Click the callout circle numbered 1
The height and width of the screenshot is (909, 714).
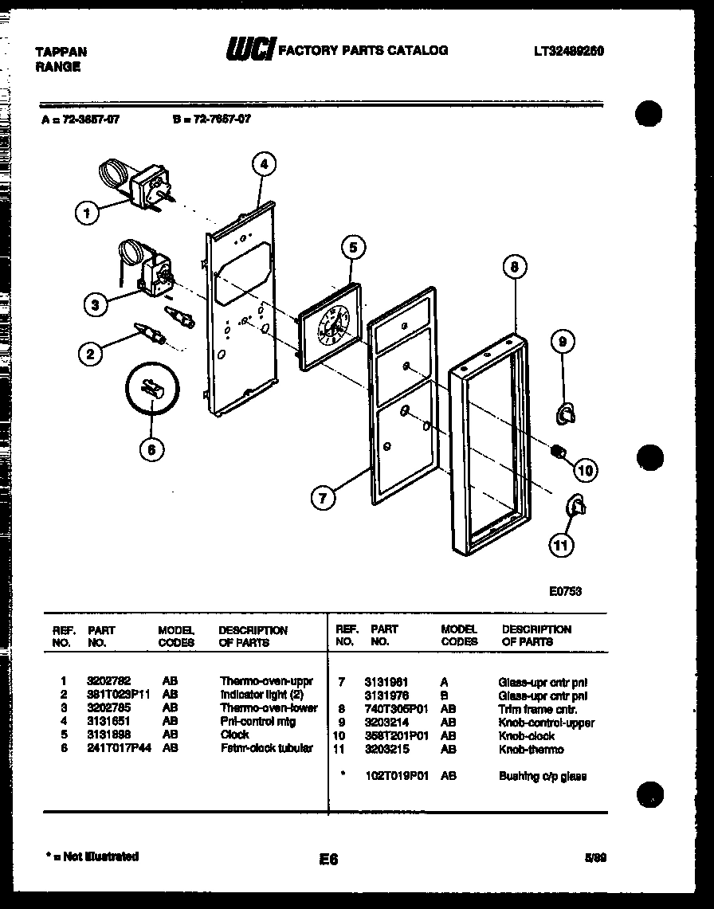coord(87,213)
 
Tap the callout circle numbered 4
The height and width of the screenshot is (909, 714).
coord(264,165)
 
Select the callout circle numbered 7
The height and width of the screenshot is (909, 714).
coord(323,499)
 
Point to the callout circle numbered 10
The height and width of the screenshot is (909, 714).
coord(586,470)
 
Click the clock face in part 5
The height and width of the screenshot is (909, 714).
coord(332,326)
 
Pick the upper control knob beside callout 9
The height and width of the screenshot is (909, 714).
coord(565,413)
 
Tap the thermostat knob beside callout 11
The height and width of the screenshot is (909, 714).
coord(575,504)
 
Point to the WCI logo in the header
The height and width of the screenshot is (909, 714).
coord(249,50)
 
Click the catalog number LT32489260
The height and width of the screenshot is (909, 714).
coord(568,50)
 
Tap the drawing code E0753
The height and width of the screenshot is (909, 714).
coord(565,591)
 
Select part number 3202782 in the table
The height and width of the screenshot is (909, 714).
coord(108,682)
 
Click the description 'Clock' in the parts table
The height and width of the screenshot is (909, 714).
coord(234,735)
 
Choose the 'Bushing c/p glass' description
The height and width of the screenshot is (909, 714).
coord(542,776)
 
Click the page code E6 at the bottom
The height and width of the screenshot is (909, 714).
coord(328,859)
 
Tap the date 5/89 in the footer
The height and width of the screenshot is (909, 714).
coord(594,858)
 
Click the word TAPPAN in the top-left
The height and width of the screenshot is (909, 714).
coord(61,52)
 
